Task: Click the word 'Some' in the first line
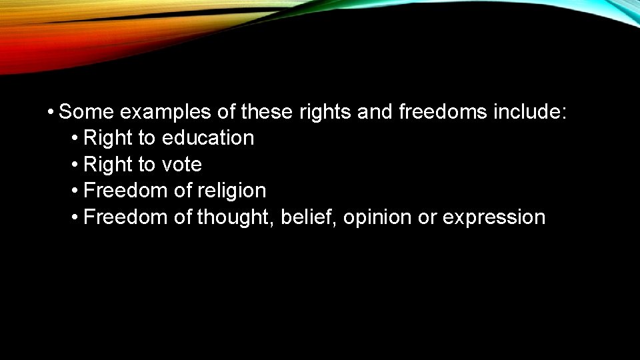point(86,111)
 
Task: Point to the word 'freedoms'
point(442,111)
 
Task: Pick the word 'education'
point(208,138)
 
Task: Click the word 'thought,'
point(236,217)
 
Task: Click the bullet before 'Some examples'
point(51,111)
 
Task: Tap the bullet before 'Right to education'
point(75,138)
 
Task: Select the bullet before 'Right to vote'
point(75,165)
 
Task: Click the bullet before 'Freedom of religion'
point(75,191)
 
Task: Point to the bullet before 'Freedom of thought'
point(75,217)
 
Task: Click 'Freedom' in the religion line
point(126,191)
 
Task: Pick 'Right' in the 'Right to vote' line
point(108,165)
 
